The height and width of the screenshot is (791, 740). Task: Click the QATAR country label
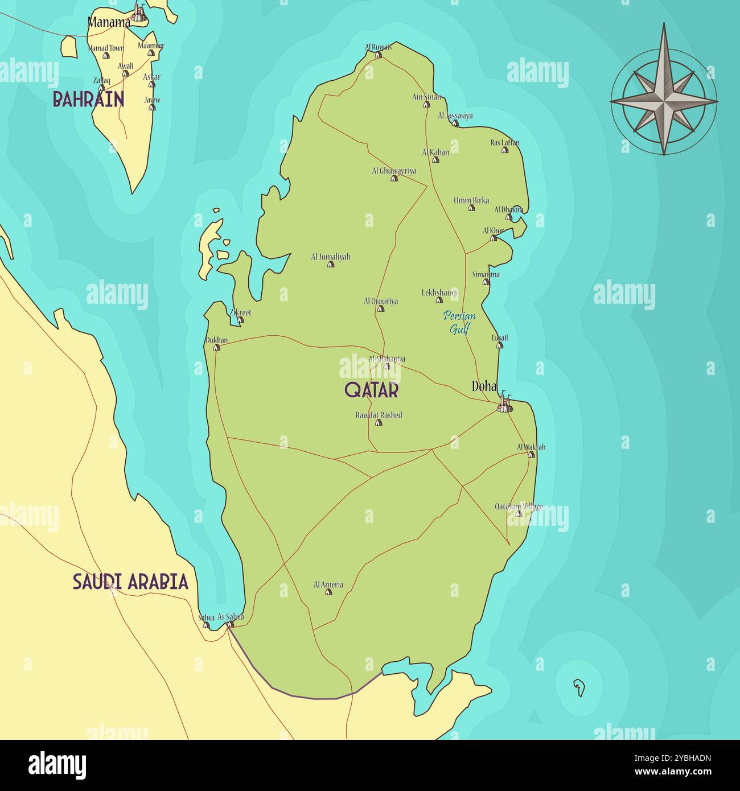coord(371,390)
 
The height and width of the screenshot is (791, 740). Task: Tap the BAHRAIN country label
coord(88,100)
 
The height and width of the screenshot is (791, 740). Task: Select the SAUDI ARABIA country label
coord(130,582)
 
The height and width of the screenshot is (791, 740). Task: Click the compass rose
coord(664,101)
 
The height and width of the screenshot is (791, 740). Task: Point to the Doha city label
coord(484,386)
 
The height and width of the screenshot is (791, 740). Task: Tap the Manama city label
coord(109,23)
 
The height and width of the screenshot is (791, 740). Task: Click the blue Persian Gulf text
coord(459,322)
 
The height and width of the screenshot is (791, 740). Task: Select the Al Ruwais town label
coord(379,47)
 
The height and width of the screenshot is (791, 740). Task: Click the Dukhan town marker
coord(216,347)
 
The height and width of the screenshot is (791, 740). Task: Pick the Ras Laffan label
coord(505,143)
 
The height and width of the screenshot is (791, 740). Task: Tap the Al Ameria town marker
coord(328,592)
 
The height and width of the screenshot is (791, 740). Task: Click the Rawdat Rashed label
coord(379,415)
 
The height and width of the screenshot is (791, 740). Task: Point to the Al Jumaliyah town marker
coord(331,264)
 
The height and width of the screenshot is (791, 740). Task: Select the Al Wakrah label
coord(531,447)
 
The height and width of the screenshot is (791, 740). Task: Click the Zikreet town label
coord(240,312)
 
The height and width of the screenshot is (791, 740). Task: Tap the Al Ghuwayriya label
coord(394,171)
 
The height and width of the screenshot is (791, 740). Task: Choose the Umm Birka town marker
coord(471,208)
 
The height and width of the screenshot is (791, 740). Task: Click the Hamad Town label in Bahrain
coord(106,48)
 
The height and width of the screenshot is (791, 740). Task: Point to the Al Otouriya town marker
coord(380,309)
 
